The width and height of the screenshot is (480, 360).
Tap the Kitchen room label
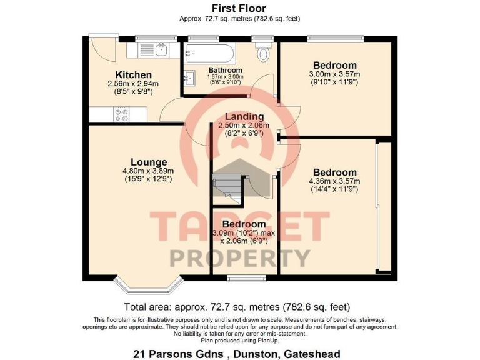click(133, 75)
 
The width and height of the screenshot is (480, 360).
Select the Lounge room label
click(148, 162)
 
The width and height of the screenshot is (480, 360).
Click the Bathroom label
click(226, 70)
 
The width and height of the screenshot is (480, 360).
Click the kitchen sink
click(159, 49)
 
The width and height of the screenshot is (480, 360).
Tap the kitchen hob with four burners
click(121, 114)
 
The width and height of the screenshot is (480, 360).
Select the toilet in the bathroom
click(262, 52)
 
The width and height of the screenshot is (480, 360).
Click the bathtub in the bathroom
click(208, 51)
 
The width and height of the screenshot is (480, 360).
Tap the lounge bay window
click(147, 285)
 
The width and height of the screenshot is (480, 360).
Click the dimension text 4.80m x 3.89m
click(148, 171)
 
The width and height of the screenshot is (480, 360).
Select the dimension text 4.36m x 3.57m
click(335, 182)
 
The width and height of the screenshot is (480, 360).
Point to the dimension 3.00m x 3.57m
click(335, 74)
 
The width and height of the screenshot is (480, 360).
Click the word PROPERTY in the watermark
click(240, 257)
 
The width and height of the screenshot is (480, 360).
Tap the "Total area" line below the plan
click(237, 307)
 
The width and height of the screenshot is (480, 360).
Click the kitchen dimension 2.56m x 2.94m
click(133, 84)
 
